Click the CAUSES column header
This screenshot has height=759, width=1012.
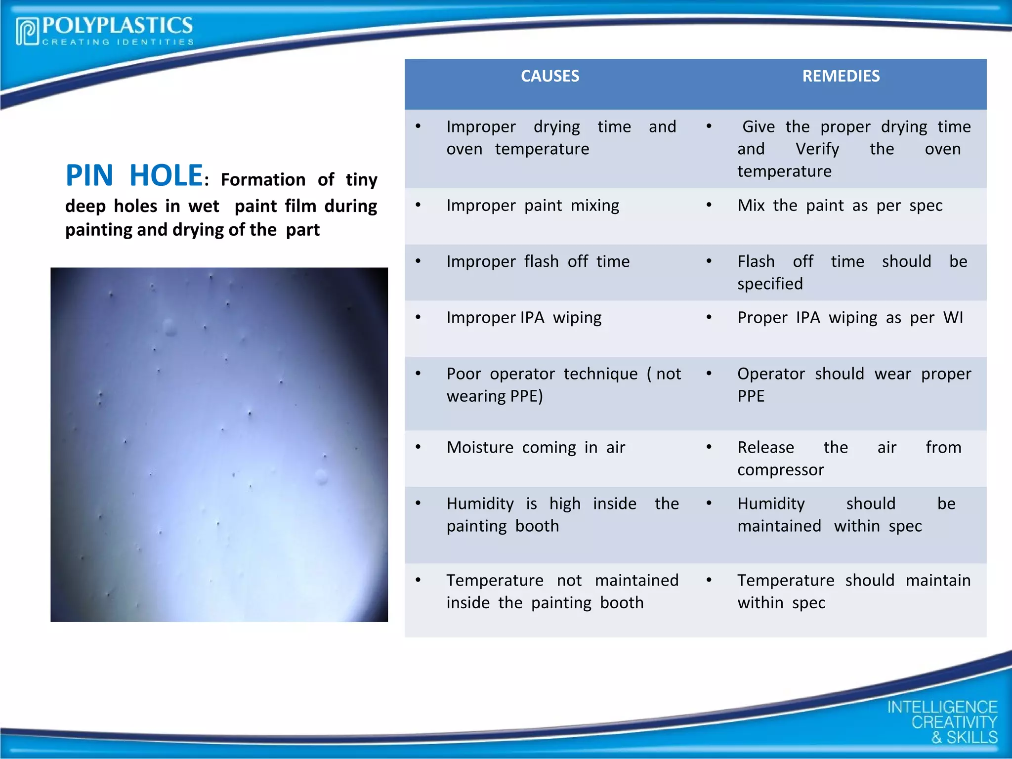(549, 76)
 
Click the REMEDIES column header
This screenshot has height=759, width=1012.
(841, 76)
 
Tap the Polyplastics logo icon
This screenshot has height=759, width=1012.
(27, 31)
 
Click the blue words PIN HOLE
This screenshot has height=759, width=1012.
(134, 175)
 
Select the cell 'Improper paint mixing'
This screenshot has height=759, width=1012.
(532, 206)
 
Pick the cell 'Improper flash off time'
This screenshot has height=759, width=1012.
(538, 261)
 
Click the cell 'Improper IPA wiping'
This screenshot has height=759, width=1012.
(524, 318)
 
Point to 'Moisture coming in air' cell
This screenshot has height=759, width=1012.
(536, 448)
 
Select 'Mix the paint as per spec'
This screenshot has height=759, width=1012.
(840, 206)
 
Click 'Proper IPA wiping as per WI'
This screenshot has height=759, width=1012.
(850, 318)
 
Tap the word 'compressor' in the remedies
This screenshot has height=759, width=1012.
(780, 470)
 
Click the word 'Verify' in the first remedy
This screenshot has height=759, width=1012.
(817, 149)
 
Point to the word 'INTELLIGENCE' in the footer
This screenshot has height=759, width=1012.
(942, 707)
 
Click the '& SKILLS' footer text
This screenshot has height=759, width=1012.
(964, 737)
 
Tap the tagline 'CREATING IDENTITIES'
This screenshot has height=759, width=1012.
(118, 42)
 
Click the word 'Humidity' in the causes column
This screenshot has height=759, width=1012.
(480, 504)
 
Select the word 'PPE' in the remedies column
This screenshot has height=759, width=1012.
(751, 396)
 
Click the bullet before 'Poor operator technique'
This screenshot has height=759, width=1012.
(418, 374)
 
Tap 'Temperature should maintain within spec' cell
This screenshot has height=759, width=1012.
(853, 591)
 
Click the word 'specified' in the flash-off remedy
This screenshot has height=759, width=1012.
(770, 284)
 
